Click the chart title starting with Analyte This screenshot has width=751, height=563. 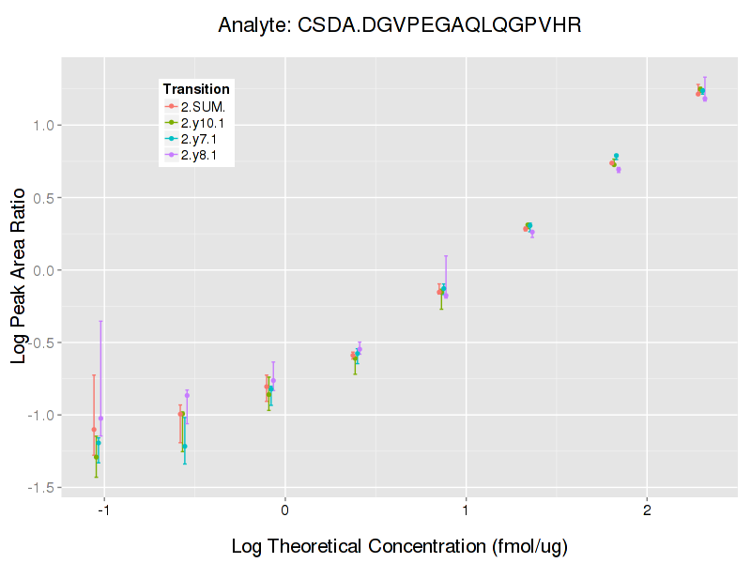400,25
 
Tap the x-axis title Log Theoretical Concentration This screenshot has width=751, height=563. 400,545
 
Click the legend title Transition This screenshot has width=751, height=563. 196,89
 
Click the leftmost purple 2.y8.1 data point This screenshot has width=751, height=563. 100,418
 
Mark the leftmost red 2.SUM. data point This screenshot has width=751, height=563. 94,430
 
